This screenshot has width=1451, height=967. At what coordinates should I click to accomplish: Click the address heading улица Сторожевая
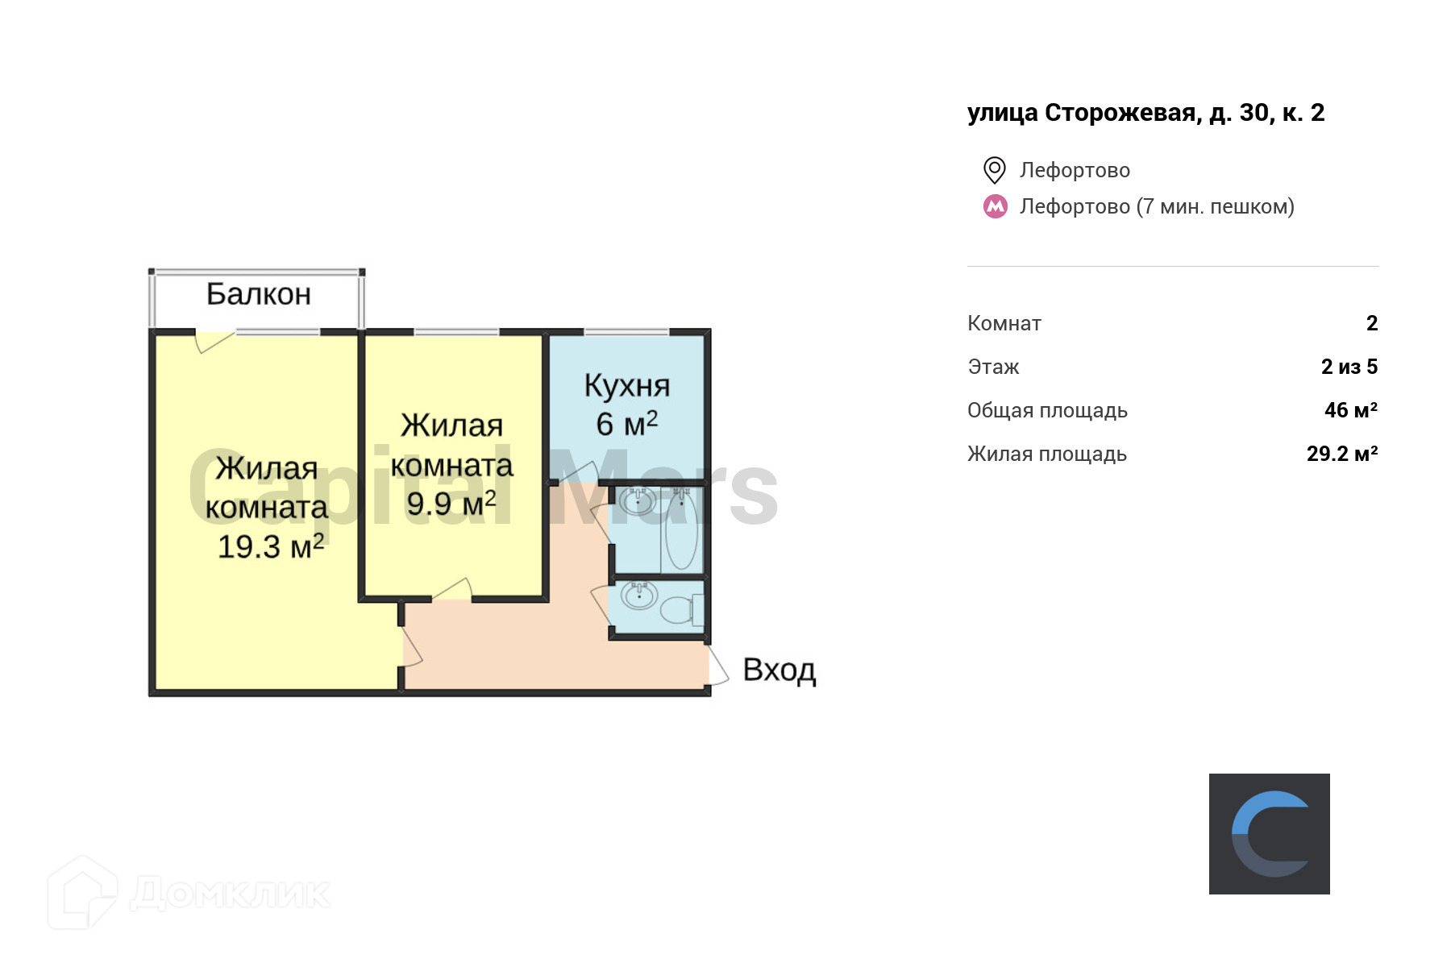coord(1145,113)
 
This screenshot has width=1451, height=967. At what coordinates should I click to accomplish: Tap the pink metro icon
coord(996,206)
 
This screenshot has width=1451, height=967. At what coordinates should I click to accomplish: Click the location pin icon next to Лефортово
coord(995,170)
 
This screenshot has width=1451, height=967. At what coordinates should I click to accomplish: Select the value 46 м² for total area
coord(1350,410)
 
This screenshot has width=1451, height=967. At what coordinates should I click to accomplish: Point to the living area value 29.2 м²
coord(1341,454)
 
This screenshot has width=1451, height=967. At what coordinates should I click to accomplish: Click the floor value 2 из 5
coord(1349,367)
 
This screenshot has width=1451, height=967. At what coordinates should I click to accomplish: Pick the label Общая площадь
coord(1047,410)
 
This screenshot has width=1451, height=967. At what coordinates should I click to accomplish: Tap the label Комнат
coord(1004,323)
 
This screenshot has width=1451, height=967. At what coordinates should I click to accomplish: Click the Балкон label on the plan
coord(259,294)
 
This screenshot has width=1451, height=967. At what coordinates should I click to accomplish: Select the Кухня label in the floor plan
coord(627,386)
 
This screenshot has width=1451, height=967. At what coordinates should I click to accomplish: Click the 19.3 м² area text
coord(271,546)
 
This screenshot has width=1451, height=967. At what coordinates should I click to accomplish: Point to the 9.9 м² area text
coord(451,504)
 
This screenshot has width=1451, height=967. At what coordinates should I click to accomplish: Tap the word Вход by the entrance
coord(779,670)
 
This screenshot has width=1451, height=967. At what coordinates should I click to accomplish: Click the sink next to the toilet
coord(639,597)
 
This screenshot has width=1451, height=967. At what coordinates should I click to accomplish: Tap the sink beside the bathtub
coord(637,501)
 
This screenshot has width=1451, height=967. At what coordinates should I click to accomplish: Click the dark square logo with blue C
coord(1269,834)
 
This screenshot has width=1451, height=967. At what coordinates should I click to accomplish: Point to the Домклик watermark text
coord(230,894)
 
